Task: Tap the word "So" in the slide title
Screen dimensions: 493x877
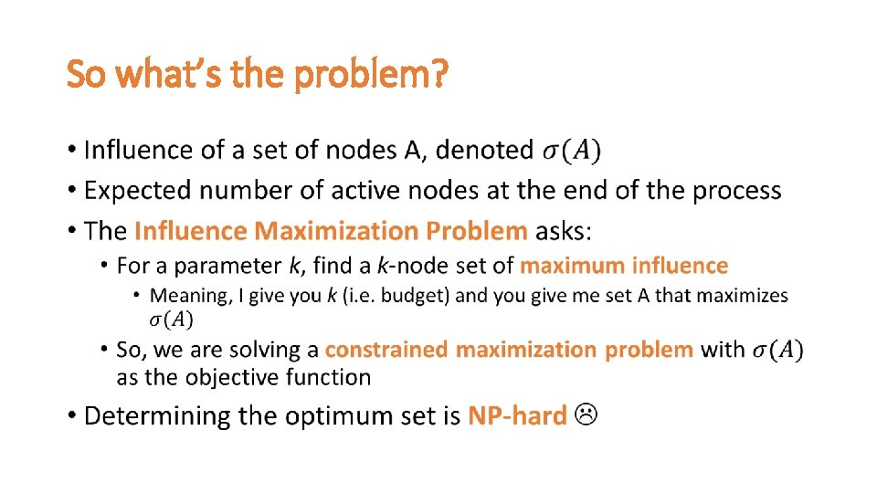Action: [86, 74]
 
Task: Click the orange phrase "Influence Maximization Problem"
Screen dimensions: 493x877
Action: [331, 231]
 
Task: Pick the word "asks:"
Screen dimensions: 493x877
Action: [564, 231]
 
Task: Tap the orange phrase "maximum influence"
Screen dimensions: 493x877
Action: [624, 266]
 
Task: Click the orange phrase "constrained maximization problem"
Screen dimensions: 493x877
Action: [509, 350]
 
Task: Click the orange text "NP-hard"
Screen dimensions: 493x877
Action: [517, 416]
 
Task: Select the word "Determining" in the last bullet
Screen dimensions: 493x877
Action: [157, 416]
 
